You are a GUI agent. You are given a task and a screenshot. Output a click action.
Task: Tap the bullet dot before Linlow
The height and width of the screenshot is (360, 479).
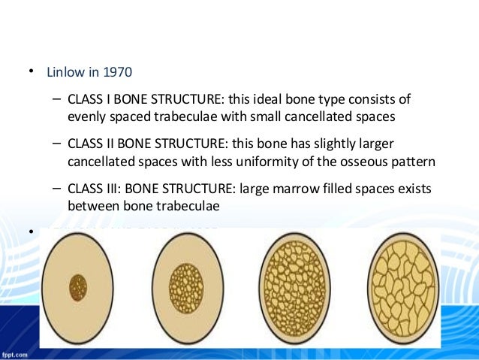point(32,72)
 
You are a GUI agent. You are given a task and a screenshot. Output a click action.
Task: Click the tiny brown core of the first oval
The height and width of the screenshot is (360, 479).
point(78,287)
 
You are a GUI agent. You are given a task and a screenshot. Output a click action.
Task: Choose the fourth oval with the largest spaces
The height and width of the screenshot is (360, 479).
point(406,287)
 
